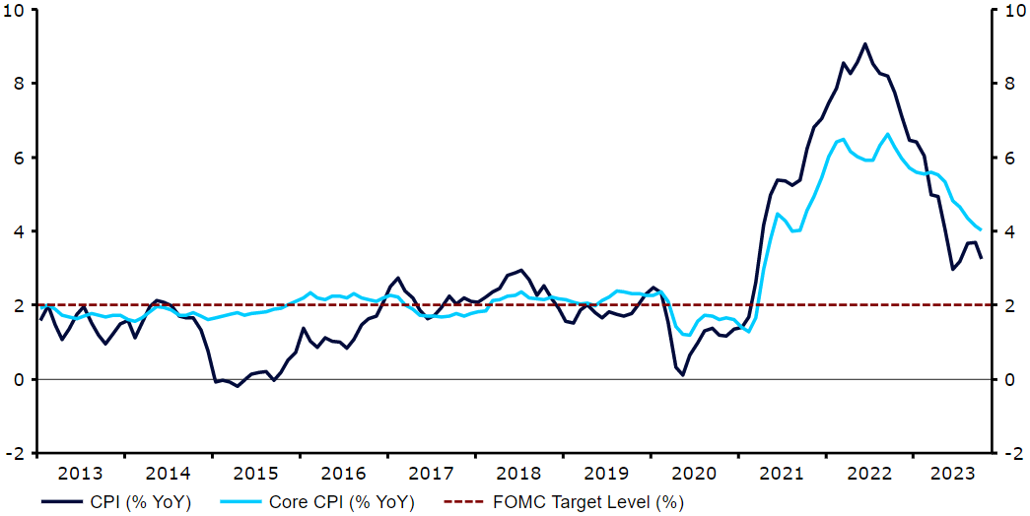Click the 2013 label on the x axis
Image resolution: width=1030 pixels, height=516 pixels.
coord(82,472)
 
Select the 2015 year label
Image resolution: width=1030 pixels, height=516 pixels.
coord(256,472)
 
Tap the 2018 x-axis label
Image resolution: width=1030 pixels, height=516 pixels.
coord(517,472)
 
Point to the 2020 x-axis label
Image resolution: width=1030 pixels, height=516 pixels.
coord(692,472)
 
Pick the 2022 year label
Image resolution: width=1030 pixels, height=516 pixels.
coord(866,472)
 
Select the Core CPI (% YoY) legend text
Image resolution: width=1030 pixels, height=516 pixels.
coord(341,502)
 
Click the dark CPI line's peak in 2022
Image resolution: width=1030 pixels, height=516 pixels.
coord(865,43)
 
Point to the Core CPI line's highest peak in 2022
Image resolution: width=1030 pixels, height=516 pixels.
coord(888,134)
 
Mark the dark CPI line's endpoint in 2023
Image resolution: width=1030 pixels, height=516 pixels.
coord(981,258)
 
